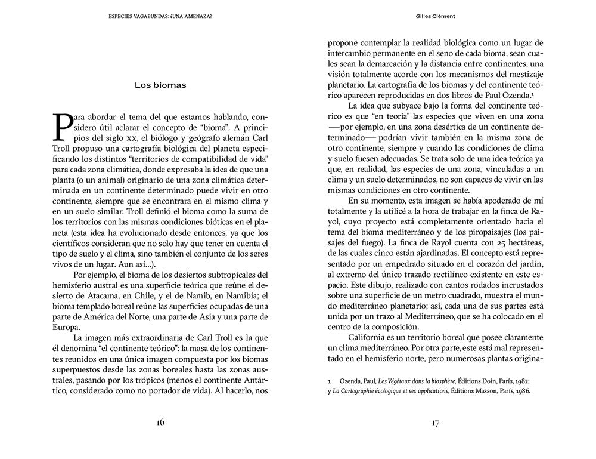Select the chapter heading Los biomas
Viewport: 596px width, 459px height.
160,85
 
